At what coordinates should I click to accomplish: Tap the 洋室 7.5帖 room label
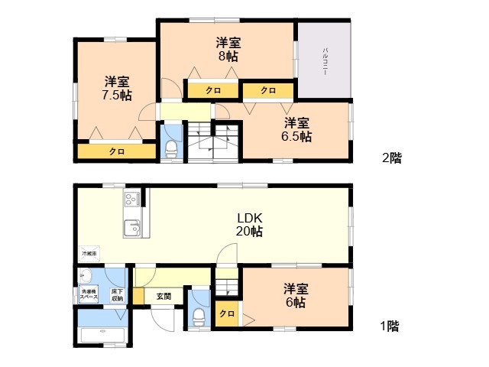click(117, 88)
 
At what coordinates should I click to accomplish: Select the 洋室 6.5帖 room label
click(296, 130)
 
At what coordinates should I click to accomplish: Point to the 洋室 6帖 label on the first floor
click(296, 295)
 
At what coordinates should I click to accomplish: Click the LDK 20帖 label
click(249, 223)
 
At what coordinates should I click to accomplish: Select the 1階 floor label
click(389, 326)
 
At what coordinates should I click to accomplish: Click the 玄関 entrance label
click(164, 296)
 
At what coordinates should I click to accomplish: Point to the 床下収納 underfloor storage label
click(117, 295)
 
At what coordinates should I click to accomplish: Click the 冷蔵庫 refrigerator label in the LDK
click(89, 252)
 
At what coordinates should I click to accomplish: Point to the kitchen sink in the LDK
click(133, 227)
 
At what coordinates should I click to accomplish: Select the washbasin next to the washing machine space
click(86, 276)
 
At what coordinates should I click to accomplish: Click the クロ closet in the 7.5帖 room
click(116, 151)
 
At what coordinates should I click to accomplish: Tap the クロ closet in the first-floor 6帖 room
click(227, 314)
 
